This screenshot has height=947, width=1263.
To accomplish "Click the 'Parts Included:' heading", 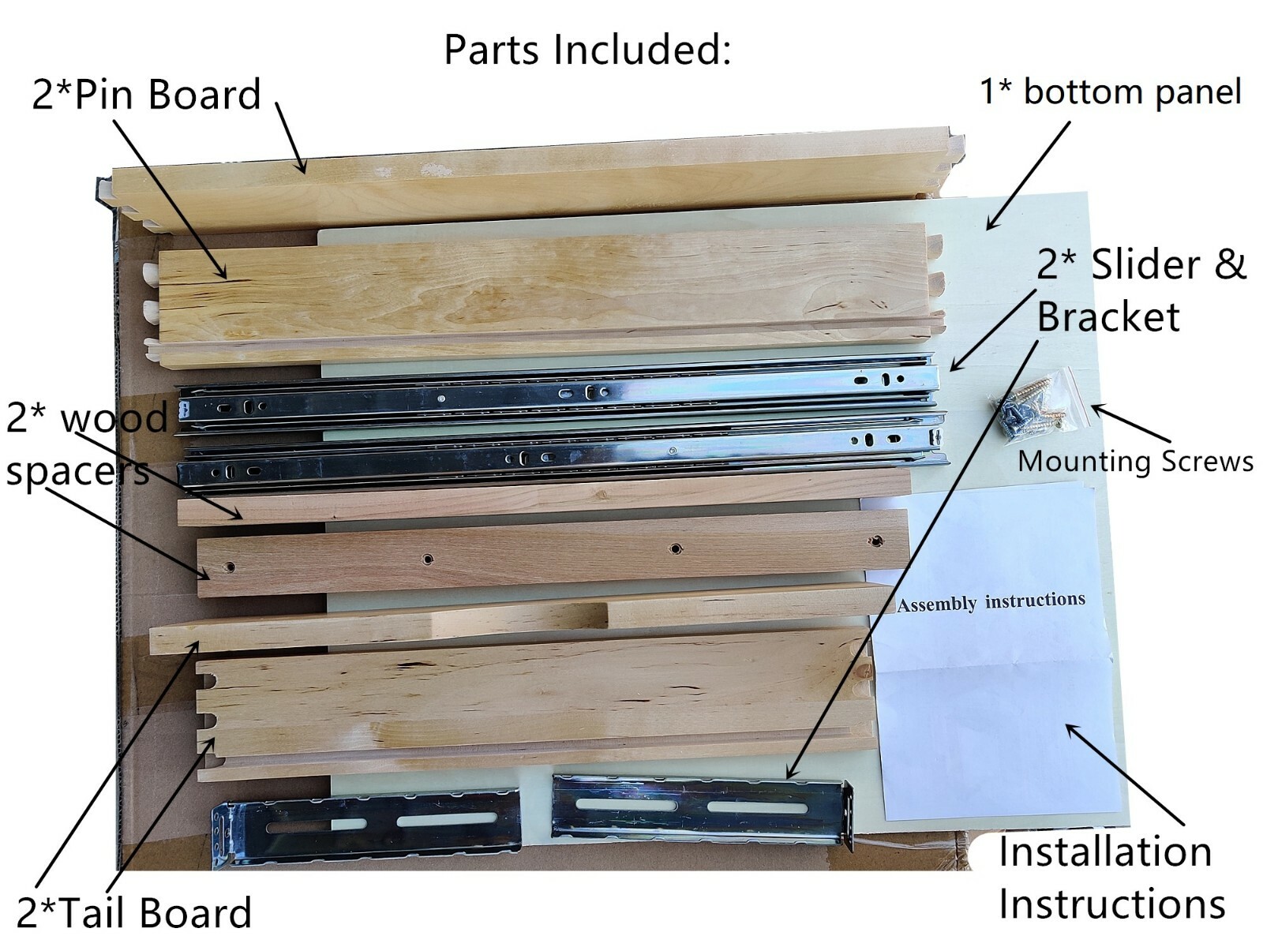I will [x=587, y=49].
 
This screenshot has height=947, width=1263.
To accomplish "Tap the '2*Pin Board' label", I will [x=146, y=95].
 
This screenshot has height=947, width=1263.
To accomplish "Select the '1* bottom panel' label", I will [x=1110, y=92].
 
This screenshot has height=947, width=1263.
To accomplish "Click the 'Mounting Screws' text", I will [x=1134, y=461].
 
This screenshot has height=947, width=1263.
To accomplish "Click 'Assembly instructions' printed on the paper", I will [x=991, y=602].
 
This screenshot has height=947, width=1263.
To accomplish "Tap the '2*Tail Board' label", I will [x=134, y=912].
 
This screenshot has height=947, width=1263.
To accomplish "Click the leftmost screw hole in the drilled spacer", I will [x=230, y=567].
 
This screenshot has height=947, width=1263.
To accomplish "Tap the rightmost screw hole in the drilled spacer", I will [x=875, y=541].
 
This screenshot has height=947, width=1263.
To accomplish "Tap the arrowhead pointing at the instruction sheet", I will [x=1070, y=727].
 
